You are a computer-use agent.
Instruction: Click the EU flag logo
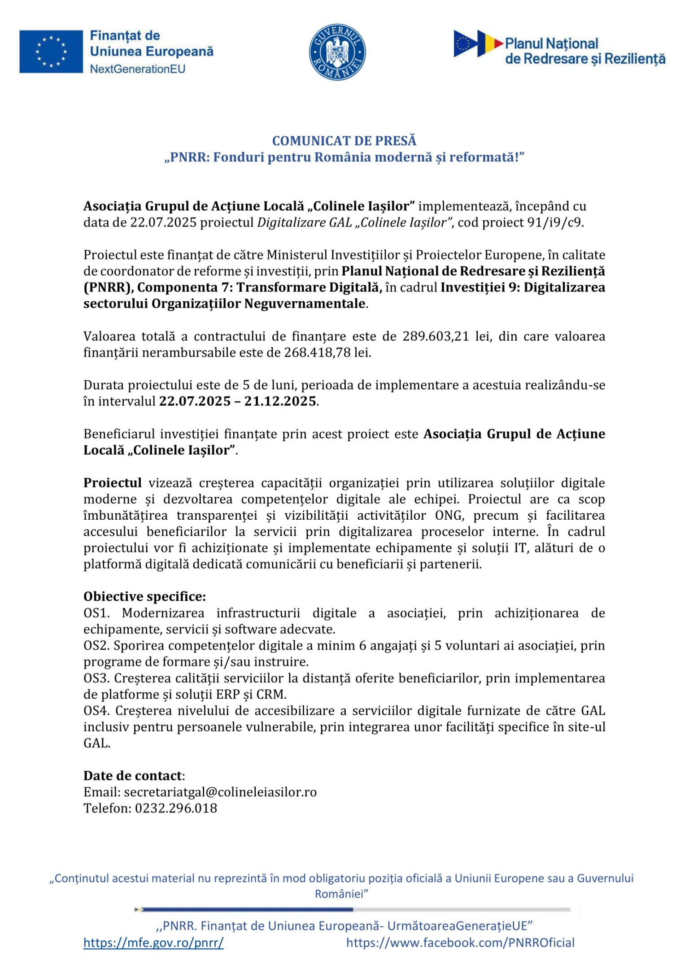(x=51, y=52)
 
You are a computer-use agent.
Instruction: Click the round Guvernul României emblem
(x=337, y=52)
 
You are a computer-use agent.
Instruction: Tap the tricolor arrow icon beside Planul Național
(x=478, y=43)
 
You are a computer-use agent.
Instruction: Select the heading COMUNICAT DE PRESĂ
(x=344, y=141)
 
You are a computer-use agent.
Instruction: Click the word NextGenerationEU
(x=138, y=69)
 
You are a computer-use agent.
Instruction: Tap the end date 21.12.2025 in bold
(x=280, y=401)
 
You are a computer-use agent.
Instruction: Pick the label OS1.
(x=96, y=613)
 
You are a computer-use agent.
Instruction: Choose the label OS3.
(x=96, y=678)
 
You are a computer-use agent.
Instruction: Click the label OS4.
(x=96, y=711)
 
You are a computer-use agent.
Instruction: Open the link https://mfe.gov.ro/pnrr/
(x=153, y=943)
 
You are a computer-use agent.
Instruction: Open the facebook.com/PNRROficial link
(x=460, y=943)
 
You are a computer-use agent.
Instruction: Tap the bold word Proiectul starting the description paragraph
(x=113, y=483)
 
